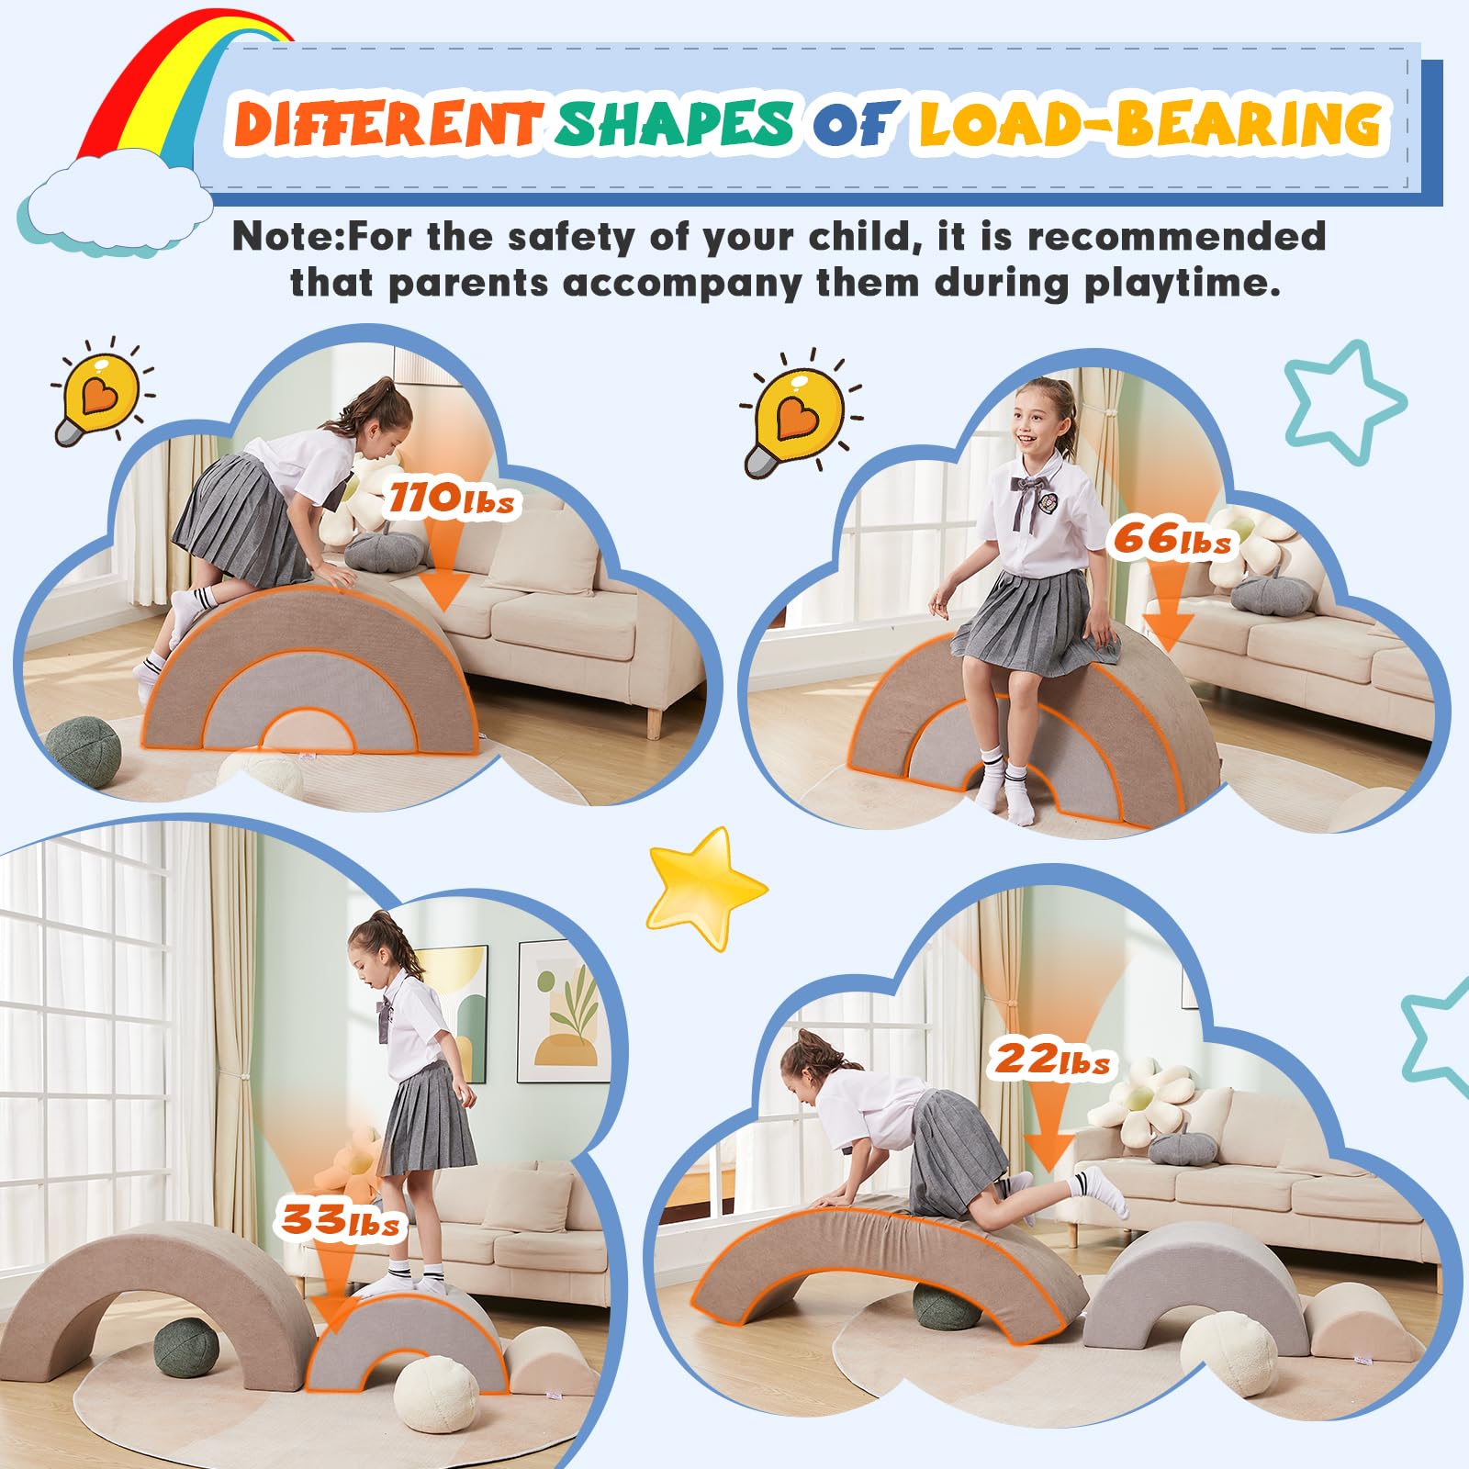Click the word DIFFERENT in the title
tap(386, 124)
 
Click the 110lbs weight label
tap(450, 499)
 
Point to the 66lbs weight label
tap(1172, 539)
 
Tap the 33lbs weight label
tap(341, 1220)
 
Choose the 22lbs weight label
tap(1052, 1060)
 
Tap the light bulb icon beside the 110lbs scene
tap(99, 398)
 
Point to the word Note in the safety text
tap(285, 237)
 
